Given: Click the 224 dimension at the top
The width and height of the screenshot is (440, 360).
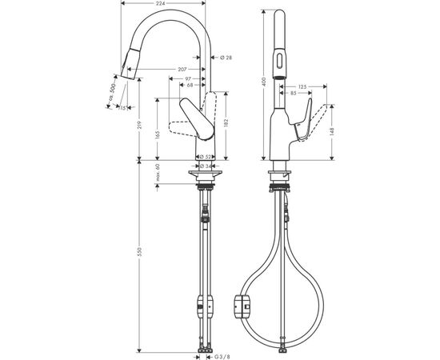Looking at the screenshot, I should click(163, 3).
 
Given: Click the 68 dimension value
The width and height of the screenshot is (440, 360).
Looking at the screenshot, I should click(189, 86).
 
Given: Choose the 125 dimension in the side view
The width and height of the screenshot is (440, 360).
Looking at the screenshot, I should click(302, 86).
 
